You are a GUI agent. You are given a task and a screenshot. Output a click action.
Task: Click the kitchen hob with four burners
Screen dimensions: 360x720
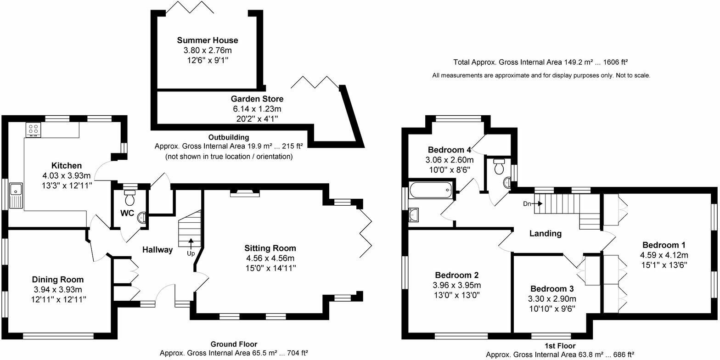tap(33, 129)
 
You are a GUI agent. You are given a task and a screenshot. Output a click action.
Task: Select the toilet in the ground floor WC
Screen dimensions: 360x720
tap(130, 198)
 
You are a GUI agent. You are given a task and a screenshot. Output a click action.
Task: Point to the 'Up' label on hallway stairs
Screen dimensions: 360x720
tap(191, 253)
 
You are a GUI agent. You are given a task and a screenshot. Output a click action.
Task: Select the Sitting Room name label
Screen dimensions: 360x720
tap(270, 248)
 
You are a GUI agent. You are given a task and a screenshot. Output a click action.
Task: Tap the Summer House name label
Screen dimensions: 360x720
tap(208, 40)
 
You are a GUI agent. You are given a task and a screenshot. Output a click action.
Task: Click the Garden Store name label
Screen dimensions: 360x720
tap(257, 99)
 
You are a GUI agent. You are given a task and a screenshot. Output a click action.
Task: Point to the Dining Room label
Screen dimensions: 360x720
tap(58, 279)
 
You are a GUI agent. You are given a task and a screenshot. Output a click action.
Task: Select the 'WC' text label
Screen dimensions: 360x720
tap(127, 214)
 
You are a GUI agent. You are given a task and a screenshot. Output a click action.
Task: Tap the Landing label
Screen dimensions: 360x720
tap(546, 233)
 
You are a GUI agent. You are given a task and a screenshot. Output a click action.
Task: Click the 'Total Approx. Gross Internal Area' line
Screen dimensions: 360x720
tap(540, 62)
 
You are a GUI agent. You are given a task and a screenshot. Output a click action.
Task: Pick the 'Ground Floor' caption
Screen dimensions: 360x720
tap(234, 344)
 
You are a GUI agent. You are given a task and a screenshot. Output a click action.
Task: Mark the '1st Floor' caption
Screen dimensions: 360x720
tap(560, 346)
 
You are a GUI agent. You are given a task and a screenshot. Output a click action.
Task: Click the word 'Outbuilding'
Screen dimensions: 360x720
tap(229, 137)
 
